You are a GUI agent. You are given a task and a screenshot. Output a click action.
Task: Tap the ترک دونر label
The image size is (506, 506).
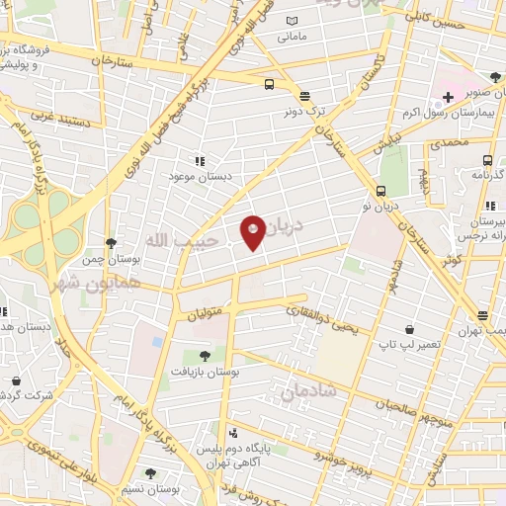pyautogui.click(x=304, y=113)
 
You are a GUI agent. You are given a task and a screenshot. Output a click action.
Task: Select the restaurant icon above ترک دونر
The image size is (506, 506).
pyautogui.click(x=304, y=96)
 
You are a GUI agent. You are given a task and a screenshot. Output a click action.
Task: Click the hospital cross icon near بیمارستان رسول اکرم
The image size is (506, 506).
pyautogui.click(x=449, y=96)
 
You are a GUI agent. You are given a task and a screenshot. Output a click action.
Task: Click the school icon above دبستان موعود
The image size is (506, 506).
pyautogui.click(x=200, y=160)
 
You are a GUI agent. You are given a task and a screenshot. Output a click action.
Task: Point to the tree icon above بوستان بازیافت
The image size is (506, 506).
pyautogui.click(x=205, y=356)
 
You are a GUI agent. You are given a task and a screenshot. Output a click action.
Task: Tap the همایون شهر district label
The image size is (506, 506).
pyautogui.click(x=81, y=282)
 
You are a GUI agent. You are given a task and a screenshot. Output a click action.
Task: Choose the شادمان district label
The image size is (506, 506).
pyautogui.click(x=307, y=392)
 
